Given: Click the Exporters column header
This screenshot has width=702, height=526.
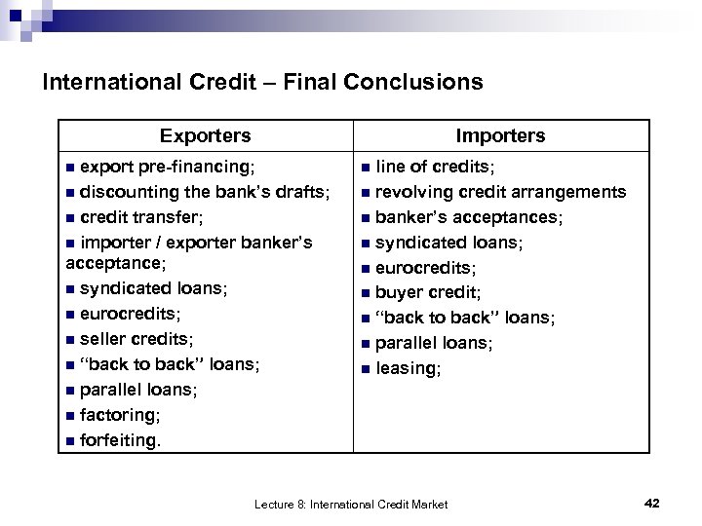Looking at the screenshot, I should point(205,135).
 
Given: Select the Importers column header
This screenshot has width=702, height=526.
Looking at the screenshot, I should point(500,135).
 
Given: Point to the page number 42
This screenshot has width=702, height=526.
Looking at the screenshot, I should point(652,503).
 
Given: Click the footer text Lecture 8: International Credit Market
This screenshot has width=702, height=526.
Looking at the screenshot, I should point(351,504).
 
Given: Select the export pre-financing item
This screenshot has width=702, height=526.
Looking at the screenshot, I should point(167,168).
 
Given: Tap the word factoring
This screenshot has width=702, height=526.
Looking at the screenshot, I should point(119,415).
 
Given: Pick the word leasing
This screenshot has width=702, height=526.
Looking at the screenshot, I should point(408,368).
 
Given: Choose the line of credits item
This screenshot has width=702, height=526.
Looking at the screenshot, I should point(435,168).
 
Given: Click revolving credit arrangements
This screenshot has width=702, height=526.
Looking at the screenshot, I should point(500,192).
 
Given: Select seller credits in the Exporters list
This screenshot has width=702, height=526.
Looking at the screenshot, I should point(136,339).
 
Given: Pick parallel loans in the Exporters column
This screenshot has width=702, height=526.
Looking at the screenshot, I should point(138,390).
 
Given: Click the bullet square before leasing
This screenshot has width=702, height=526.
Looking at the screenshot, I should point(365,369).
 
